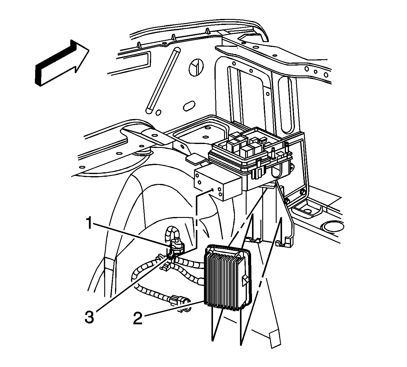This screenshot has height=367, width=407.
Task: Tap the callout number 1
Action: click(89, 224)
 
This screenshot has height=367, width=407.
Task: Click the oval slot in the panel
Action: click(188, 106)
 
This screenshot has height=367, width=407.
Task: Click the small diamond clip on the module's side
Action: click(246, 280)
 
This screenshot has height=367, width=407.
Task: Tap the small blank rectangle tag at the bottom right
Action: click(275, 339)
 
